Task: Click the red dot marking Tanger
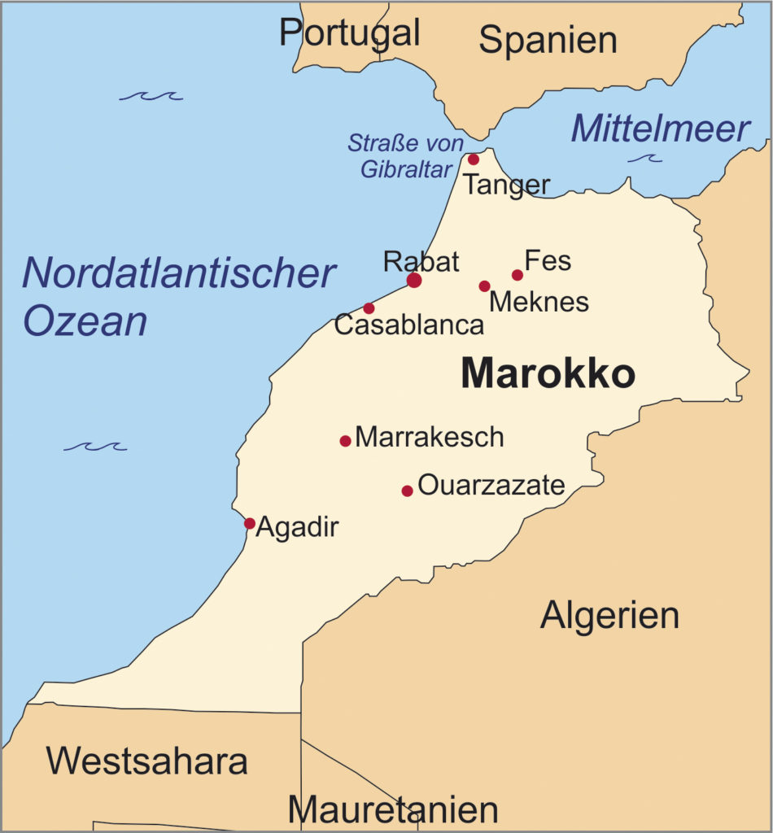(x=474, y=159)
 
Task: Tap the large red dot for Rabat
(x=414, y=281)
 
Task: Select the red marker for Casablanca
(x=369, y=308)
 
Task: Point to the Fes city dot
(x=518, y=275)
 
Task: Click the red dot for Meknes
(x=484, y=286)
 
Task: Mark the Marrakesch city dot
(x=345, y=441)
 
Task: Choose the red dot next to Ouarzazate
(x=407, y=491)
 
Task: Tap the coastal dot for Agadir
(x=250, y=523)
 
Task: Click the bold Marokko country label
(x=548, y=374)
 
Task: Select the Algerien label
(x=609, y=615)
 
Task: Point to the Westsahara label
(x=146, y=761)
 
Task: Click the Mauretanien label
(x=393, y=810)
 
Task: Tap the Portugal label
(x=350, y=33)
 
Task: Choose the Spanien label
(x=548, y=39)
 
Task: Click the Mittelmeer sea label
(x=659, y=129)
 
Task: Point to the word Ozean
(x=85, y=321)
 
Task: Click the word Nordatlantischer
(x=178, y=273)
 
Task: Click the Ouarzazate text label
(x=491, y=486)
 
